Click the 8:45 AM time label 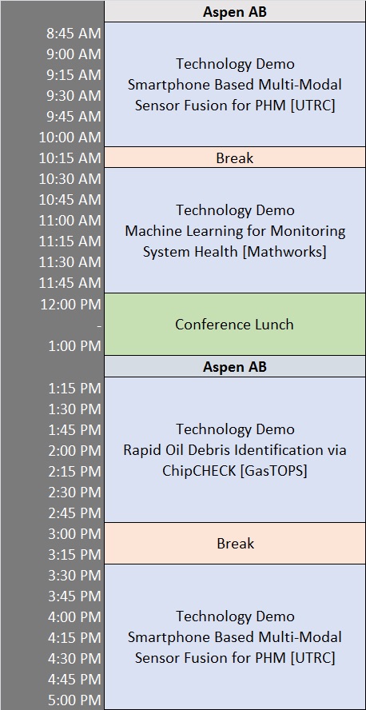point(74,34)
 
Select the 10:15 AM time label point(70,158)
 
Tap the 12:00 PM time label point(70,305)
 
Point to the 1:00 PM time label point(74,346)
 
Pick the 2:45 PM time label point(74,513)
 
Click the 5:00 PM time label point(74,700)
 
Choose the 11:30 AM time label point(70,262)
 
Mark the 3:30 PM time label point(74,575)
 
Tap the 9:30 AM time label point(74,96)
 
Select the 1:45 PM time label point(74,429)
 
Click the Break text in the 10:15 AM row point(235,158)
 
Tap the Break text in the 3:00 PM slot point(235,544)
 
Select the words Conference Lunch point(234,324)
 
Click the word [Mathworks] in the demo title point(284,252)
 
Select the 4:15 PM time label point(74,637)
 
